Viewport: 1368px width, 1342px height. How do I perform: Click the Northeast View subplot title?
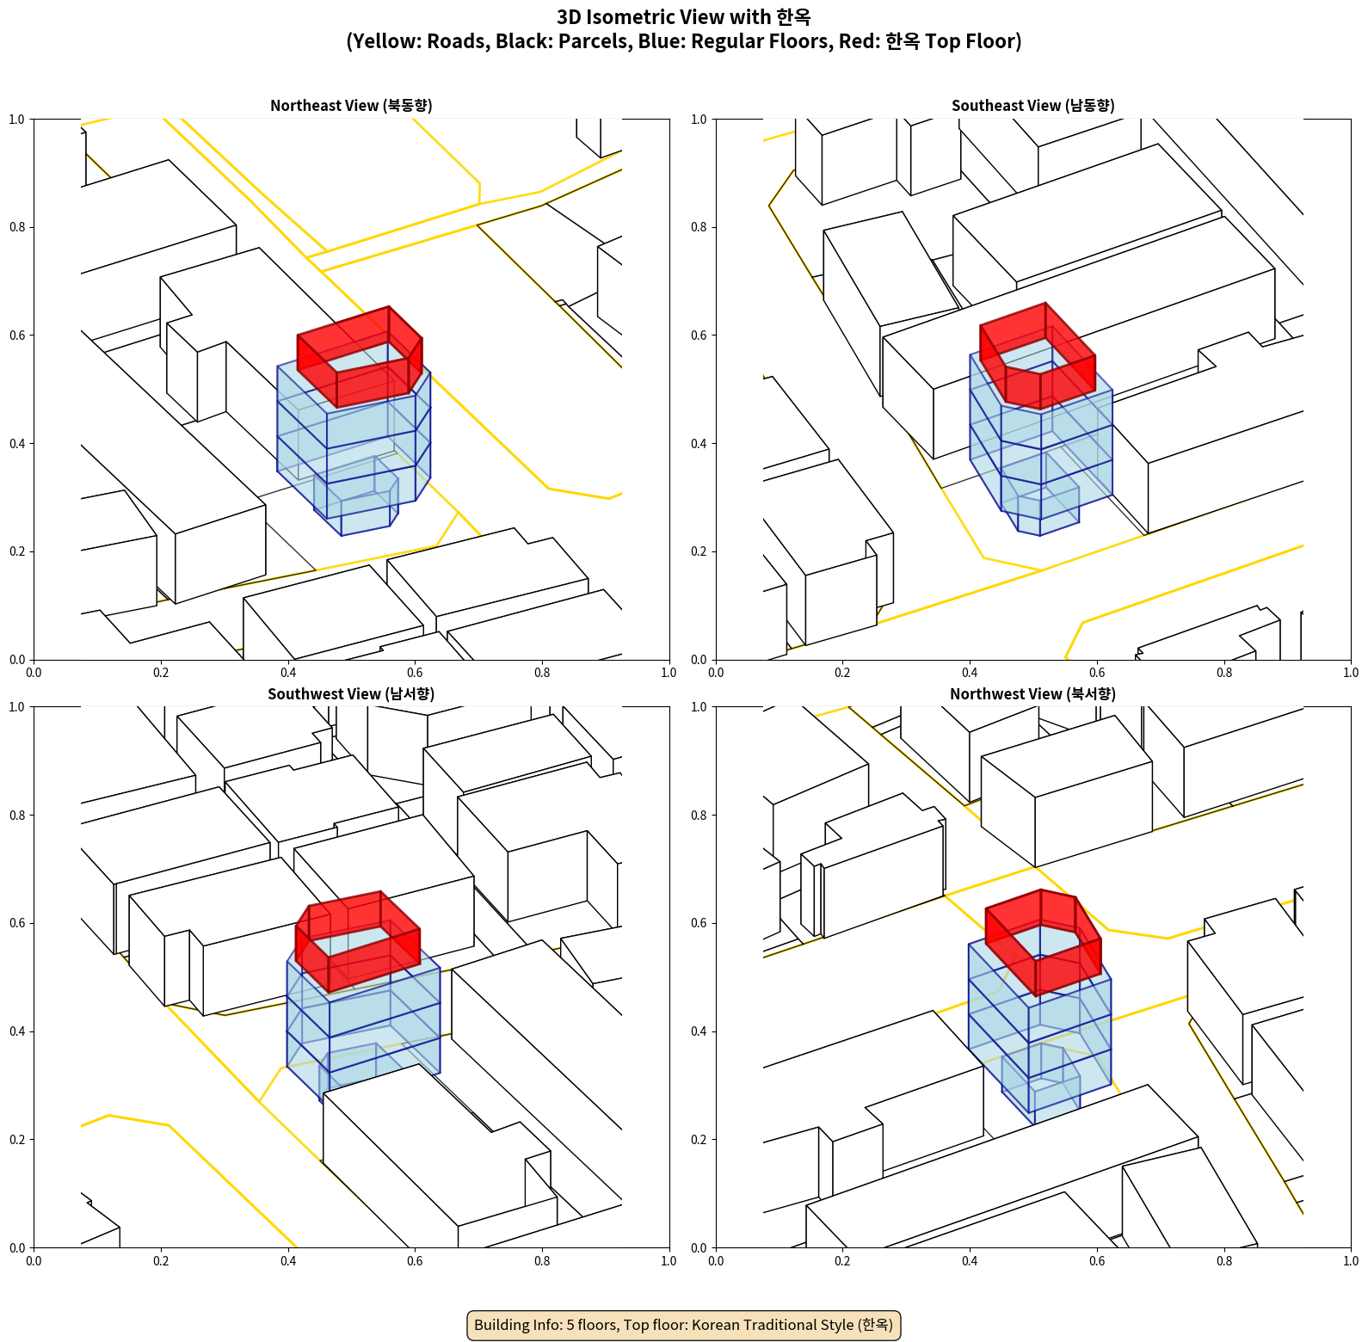click(351, 105)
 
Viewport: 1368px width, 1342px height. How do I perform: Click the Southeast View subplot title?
click(1032, 105)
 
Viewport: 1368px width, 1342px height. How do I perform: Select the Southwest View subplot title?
click(351, 693)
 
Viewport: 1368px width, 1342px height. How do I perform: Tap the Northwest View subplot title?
click(1032, 693)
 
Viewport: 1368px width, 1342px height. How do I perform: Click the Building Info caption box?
click(683, 1325)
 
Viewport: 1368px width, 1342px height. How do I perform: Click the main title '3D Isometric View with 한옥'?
click(683, 17)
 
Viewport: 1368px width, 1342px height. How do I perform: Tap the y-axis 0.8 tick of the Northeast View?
click(17, 227)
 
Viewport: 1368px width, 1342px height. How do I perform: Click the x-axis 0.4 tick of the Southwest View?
click(288, 1261)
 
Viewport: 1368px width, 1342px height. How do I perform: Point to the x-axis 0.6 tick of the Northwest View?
click(1097, 1261)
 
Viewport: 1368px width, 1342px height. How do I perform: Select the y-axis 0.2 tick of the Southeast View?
click(699, 551)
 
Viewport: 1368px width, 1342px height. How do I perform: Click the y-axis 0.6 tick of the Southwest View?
click(17, 923)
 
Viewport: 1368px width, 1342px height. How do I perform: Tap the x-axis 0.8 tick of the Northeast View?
click(542, 673)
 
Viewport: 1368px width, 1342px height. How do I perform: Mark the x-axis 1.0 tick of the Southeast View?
click(1351, 673)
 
